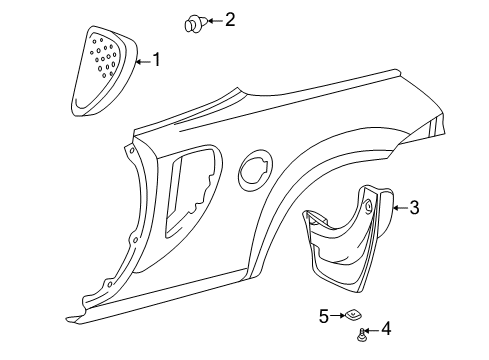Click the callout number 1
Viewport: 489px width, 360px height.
[155, 61]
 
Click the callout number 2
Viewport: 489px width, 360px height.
[230, 18]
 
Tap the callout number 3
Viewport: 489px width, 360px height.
[414, 208]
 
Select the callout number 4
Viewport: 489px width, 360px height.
[386, 330]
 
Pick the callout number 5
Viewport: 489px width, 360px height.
[323, 315]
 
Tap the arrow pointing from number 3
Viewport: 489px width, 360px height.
[397, 208]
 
